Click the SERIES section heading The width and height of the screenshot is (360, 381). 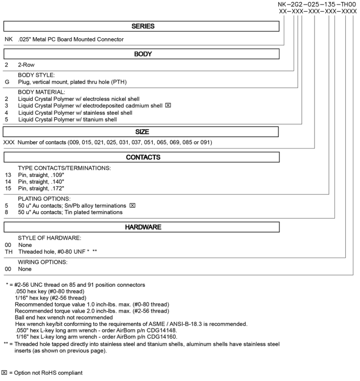[x=143, y=26]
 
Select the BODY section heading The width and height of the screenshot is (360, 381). [x=143, y=54]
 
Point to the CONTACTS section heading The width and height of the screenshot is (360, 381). [x=143, y=157]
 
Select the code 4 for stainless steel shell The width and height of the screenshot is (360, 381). [x=7, y=113]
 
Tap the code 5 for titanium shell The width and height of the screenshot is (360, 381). [x=7, y=119]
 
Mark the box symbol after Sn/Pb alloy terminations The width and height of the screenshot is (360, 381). [x=132, y=205]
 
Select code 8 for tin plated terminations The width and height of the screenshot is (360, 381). [x=7, y=212]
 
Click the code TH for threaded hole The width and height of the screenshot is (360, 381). [x=9, y=252]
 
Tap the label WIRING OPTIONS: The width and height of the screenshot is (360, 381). [x=42, y=262]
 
